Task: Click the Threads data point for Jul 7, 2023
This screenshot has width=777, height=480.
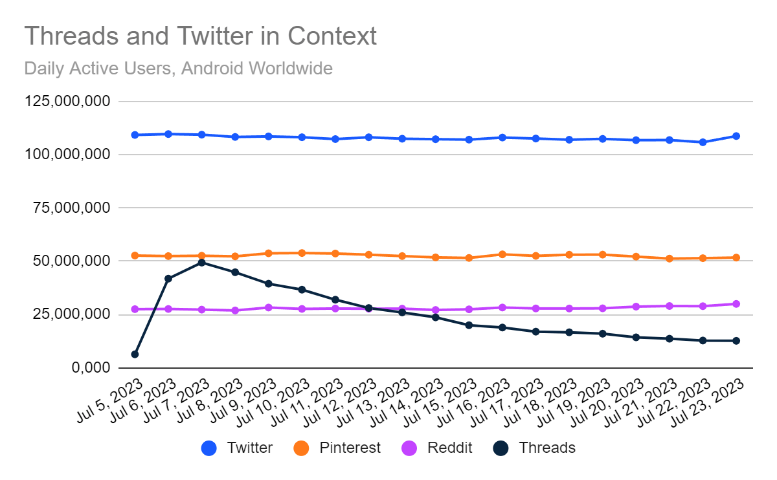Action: point(202,263)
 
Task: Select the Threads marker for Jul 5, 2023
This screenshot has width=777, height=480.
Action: point(135,355)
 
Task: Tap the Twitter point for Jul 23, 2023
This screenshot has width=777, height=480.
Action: point(736,136)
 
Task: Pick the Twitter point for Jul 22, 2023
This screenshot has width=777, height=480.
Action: point(703,142)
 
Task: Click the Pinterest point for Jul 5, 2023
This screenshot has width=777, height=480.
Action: point(135,256)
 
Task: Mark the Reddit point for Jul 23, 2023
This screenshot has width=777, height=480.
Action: point(736,304)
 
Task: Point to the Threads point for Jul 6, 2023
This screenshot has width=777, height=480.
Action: point(168,279)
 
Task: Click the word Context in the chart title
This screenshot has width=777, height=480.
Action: point(332,36)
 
